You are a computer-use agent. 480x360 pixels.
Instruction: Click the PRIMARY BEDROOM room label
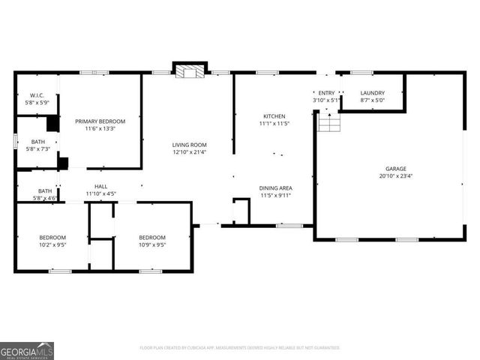100,121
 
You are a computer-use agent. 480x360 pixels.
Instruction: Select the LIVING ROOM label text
189,145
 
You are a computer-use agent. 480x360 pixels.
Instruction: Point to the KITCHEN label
274,116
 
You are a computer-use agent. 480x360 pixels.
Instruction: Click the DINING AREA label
275,187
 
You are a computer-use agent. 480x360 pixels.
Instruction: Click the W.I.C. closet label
36,95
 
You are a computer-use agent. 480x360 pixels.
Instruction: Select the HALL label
100,187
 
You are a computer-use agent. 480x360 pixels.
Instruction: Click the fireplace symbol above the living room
189,71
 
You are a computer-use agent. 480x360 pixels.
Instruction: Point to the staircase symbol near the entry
328,121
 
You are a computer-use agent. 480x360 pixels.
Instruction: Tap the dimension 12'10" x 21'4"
189,152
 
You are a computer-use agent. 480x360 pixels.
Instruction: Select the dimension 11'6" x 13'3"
100,128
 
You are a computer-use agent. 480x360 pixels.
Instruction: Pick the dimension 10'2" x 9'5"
52,244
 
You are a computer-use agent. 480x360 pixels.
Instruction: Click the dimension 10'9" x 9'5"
152,244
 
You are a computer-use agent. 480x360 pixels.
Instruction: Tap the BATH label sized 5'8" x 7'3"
37,142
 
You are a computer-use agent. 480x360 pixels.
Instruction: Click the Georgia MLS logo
27,350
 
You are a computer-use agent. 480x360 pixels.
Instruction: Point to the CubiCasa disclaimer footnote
240,347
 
